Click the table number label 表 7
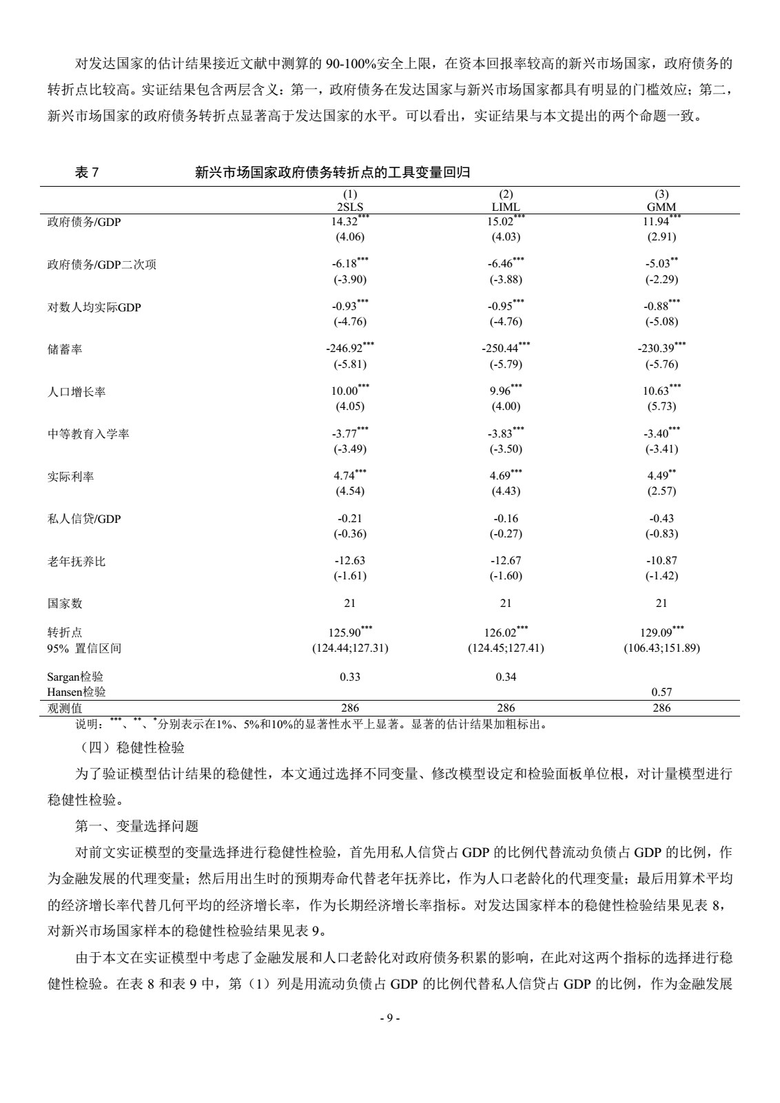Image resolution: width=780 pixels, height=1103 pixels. (x=87, y=173)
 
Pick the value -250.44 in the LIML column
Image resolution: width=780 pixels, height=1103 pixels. (x=502, y=349)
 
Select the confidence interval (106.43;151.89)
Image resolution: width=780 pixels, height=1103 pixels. (x=661, y=648)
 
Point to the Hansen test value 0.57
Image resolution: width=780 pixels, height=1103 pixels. (x=661, y=692)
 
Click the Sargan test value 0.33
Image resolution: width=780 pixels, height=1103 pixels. (x=350, y=677)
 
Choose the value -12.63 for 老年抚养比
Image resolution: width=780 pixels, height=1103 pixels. (x=350, y=561)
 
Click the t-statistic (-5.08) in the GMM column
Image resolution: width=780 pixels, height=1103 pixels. (x=661, y=322)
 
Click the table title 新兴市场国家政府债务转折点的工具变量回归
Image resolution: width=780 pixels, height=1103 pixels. (x=333, y=173)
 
